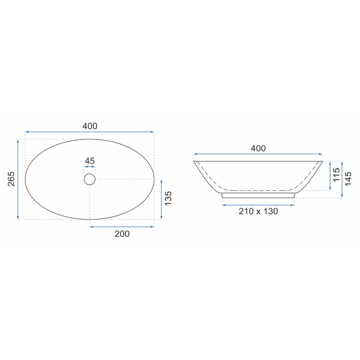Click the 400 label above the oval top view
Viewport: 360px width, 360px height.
click(90, 126)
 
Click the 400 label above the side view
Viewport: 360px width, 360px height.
click(258, 148)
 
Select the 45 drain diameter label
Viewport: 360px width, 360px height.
click(90, 161)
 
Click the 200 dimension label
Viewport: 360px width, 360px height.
click(122, 233)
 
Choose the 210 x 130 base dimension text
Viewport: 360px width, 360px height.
click(258, 211)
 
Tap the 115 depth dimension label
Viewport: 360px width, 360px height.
click(337, 175)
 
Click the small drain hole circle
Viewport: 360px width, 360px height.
click(90, 179)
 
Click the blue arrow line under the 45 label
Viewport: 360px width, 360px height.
click(90, 167)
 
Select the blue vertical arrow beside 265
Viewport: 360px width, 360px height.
click(19, 179)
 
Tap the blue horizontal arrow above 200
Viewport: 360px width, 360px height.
click(122, 226)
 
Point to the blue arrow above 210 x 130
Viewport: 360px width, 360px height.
click(258, 205)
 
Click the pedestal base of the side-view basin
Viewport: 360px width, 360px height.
click(259, 195)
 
